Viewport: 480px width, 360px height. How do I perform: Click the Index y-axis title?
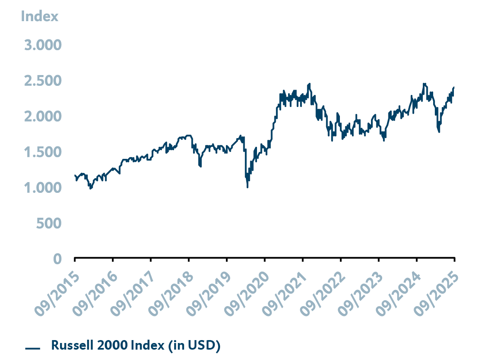tap(39, 16)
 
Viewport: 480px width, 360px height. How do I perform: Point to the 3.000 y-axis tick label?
tap(42, 45)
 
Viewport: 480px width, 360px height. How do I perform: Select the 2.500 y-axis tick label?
tap(42, 80)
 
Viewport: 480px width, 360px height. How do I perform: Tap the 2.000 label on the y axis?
tap(42, 117)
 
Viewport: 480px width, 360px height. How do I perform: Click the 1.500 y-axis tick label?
tap(42, 152)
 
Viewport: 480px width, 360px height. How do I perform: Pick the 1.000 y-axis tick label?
tap(42, 188)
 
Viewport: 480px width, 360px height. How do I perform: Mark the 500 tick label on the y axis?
tap(48, 224)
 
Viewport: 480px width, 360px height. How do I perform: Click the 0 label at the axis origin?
tap(57, 259)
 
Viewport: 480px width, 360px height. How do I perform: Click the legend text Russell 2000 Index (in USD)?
tap(136, 345)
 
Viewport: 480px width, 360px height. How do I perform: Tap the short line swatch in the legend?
tap(32, 348)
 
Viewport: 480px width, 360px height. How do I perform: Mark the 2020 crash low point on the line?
tap(247, 187)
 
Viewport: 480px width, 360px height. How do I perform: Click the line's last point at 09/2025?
tap(454, 87)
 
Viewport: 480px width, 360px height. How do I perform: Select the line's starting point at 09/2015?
tap(75, 175)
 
